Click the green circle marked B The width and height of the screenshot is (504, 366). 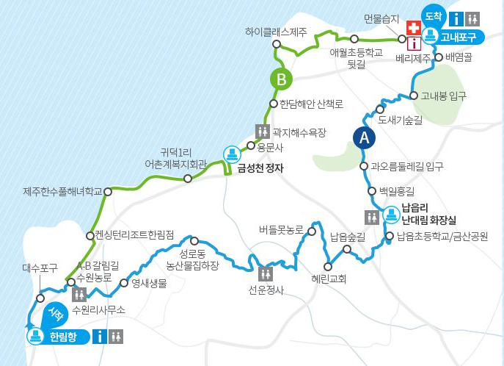click(x=281, y=78)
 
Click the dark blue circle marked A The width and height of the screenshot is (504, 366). click(x=363, y=137)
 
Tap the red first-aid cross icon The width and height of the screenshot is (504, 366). click(x=413, y=28)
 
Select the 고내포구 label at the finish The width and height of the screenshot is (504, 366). click(x=459, y=35)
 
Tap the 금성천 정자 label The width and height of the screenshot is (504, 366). click(x=260, y=168)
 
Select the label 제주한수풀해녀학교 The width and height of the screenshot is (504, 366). click(x=62, y=191)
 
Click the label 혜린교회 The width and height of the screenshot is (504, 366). click(x=328, y=279)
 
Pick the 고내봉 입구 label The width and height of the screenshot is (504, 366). click(x=442, y=96)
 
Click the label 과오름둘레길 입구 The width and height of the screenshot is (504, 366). click(x=407, y=166)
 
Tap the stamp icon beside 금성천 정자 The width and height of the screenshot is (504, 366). click(x=232, y=154)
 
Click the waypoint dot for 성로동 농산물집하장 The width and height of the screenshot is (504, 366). click(x=194, y=241)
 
